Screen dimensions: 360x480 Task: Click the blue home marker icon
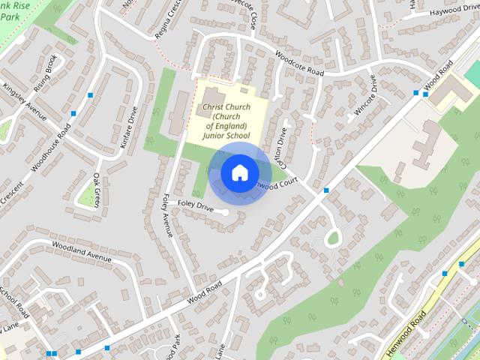point(238,173)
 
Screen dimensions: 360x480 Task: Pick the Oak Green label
point(96,190)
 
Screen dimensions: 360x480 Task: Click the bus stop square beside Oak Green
point(74,113)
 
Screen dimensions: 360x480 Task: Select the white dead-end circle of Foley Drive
point(225,212)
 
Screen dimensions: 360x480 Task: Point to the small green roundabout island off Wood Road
point(333,238)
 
